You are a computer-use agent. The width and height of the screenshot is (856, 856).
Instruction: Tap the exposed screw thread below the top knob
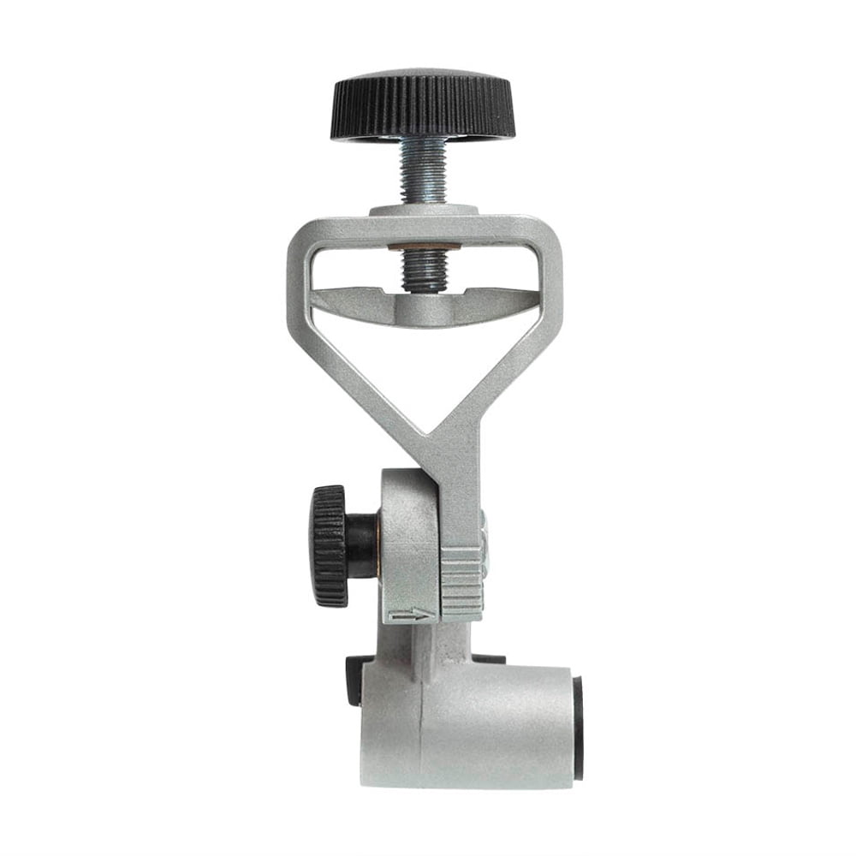[423, 169]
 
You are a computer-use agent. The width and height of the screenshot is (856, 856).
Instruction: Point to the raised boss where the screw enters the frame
[423, 210]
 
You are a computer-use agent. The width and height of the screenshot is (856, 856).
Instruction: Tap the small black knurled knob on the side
[329, 545]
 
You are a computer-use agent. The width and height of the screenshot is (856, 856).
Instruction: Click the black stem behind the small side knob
[363, 545]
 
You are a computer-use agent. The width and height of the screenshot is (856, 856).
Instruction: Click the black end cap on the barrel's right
[578, 728]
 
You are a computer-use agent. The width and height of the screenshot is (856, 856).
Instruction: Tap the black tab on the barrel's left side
[353, 681]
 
